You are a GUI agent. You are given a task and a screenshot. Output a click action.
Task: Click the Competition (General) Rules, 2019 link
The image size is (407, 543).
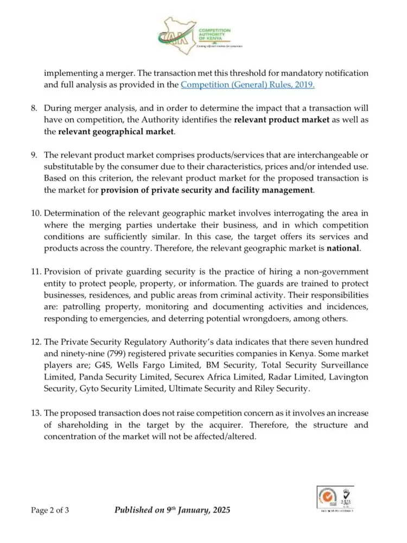(x=247, y=85)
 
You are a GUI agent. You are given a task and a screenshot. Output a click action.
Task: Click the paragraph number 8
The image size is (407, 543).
(x=34, y=108)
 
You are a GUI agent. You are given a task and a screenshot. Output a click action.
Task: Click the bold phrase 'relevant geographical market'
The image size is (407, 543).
(x=116, y=131)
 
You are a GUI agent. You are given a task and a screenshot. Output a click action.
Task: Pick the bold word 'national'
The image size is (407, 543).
(x=343, y=249)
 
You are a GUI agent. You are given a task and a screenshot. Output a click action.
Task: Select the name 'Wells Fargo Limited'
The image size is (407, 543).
(x=162, y=366)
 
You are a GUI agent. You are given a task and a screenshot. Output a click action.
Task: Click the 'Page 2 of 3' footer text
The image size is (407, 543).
(x=50, y=510)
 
